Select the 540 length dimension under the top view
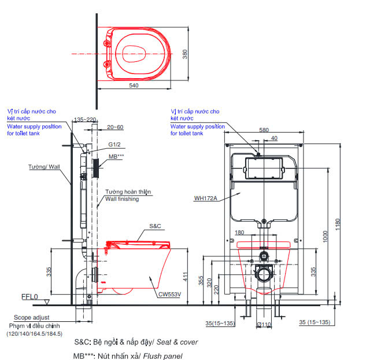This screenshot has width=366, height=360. pos(134,85)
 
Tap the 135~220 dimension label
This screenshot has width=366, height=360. pos(84,119)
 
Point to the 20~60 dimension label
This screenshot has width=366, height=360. pos(115,127)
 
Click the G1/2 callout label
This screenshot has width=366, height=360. pos(115,146)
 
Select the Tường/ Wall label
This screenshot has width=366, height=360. pos(45,167)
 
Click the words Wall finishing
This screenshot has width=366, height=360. pos(122,199)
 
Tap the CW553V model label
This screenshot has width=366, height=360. pos(171,293)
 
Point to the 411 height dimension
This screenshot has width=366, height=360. pos(185,278)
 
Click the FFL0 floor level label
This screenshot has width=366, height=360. pos(29,297)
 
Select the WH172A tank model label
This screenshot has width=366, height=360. pos(205,198)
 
